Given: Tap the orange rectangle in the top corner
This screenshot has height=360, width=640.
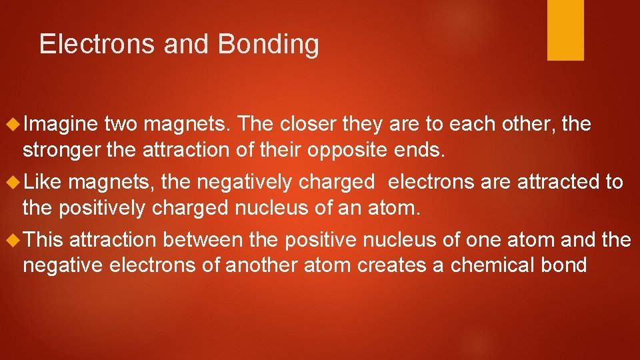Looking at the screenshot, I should [x=565, y=29].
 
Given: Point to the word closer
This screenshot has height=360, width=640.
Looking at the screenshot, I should [x=303, y=123].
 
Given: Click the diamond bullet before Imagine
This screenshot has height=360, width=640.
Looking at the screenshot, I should [x=14, y=124].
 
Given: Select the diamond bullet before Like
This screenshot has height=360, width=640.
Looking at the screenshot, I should [x=14, y=181].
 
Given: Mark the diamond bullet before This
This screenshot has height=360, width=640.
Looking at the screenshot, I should [x=14, y=239].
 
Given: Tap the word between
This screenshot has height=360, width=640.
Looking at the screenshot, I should [x=203, y=239].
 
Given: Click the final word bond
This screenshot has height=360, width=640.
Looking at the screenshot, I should [x=565, y=265].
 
